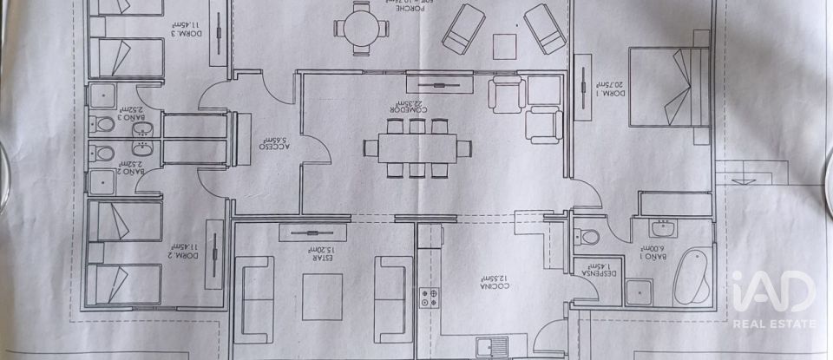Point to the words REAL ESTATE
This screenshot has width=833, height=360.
pyautogui.click(x=774, y=324)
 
